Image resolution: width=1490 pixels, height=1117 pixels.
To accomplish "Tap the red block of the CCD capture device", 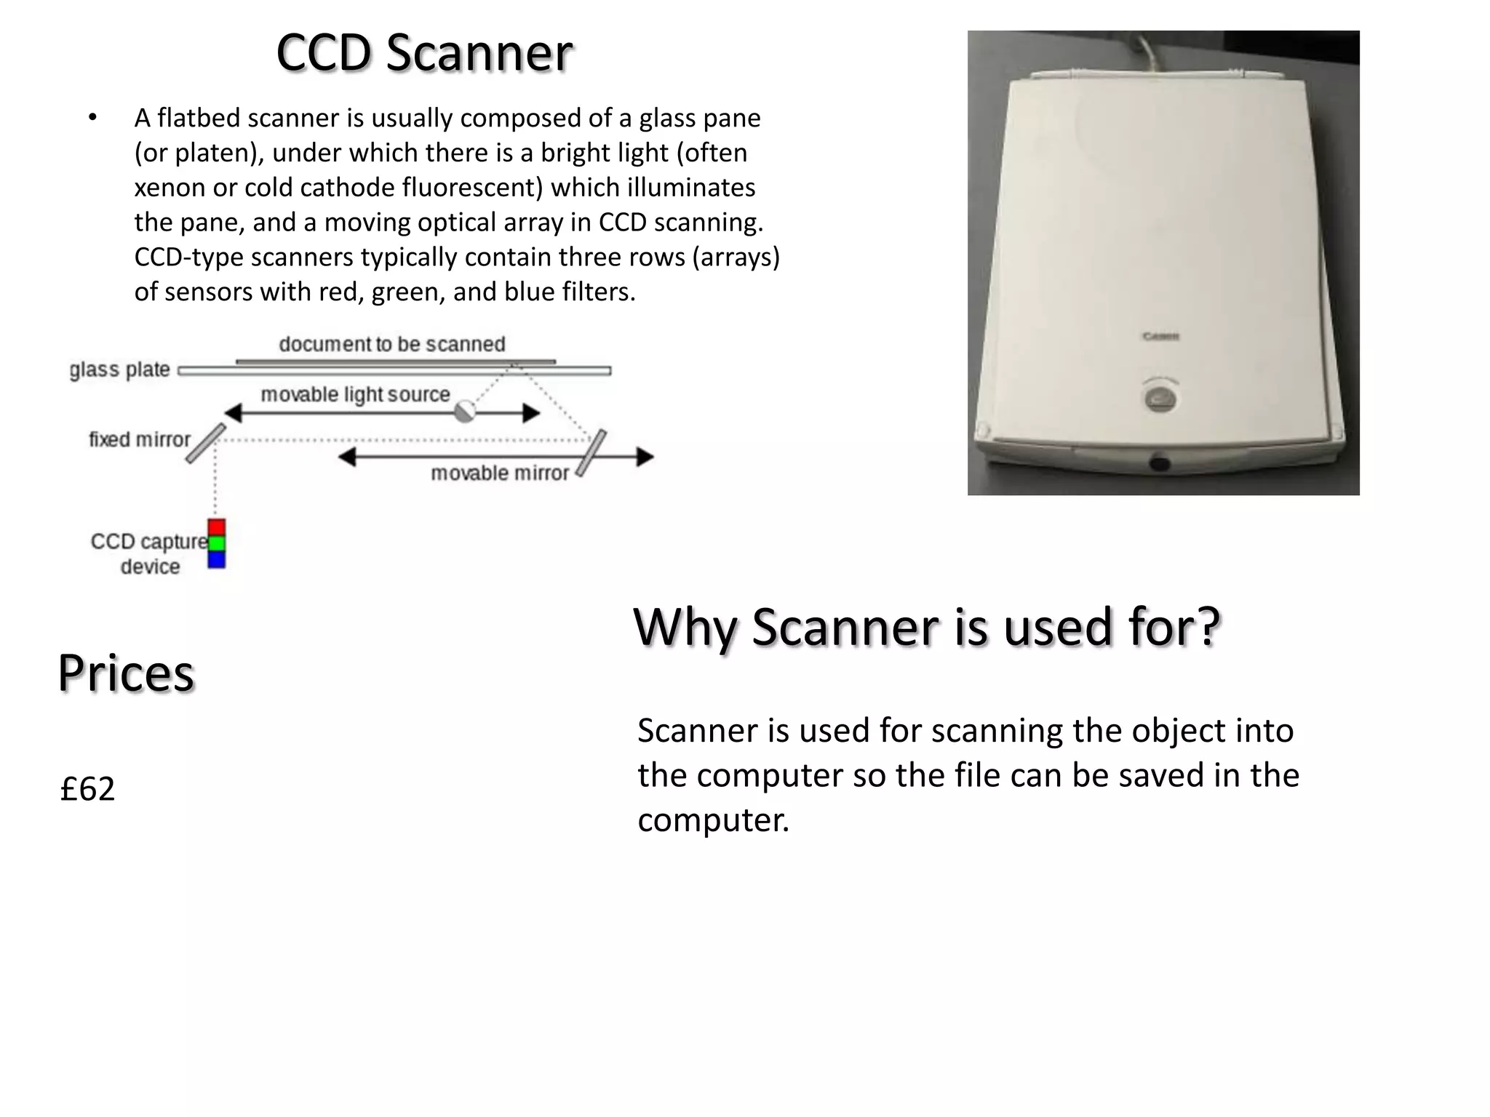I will coord(216,527).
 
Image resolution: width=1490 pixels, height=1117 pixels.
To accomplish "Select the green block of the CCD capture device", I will coord(216,543).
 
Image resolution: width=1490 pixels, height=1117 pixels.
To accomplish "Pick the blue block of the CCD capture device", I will coord(216,559).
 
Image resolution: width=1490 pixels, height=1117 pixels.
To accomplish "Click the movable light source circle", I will coord(464,412).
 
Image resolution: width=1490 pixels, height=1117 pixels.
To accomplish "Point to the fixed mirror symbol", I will coord(205,444).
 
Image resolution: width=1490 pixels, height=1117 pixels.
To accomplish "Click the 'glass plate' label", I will coord(119,370).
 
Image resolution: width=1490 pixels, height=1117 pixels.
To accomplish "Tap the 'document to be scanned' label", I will coord(391,344).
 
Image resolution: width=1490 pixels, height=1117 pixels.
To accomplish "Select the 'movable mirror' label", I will coord(500,473).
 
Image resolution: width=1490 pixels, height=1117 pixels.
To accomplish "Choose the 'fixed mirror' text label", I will coord(139,439).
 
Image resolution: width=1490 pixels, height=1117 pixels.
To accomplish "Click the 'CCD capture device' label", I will coord(149,553).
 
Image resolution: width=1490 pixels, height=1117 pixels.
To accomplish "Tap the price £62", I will coord(87,789).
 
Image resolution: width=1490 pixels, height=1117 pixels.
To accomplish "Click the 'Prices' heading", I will coord(126,673).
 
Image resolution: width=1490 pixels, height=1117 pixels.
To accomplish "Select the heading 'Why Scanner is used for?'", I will coord(926,627).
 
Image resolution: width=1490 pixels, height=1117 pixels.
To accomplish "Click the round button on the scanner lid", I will coord(1160,398).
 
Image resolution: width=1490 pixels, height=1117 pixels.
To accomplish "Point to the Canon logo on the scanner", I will coord(1160,336).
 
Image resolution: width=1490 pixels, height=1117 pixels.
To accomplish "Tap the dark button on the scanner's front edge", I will coord(1159,463).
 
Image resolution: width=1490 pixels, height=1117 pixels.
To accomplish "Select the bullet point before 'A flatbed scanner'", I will coord(92,118).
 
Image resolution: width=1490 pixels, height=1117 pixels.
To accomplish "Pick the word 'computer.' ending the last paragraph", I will coord(713,820).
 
